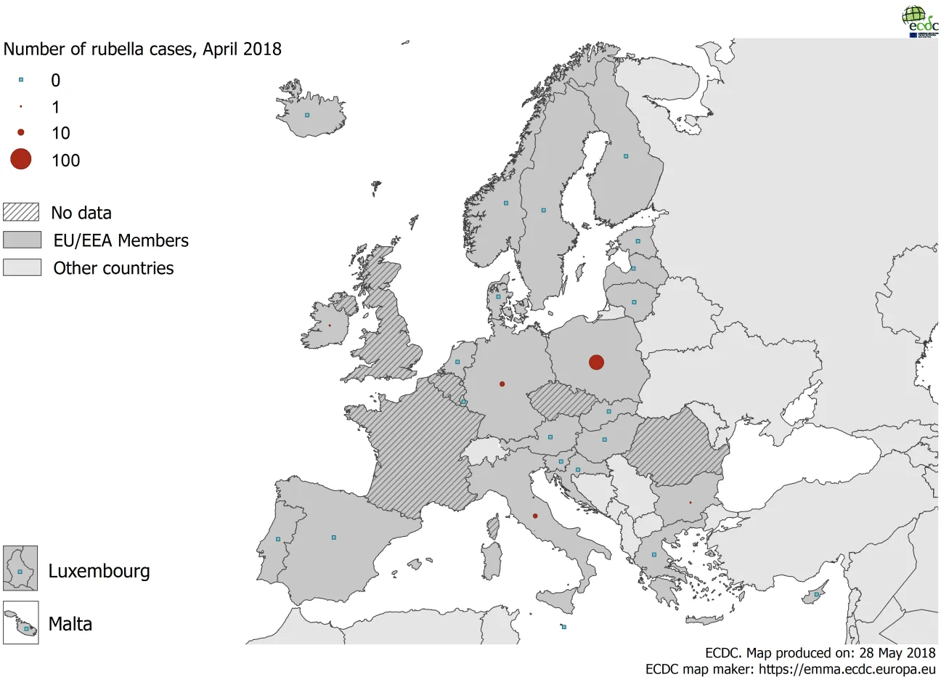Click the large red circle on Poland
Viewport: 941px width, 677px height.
point(596,362)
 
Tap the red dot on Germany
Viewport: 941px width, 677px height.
point(502,384)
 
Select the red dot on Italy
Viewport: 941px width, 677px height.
point(535,516)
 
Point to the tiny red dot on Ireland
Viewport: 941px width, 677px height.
point(329,325)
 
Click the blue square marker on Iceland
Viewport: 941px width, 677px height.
point(307,115)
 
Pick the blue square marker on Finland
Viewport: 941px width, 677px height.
point(626,155)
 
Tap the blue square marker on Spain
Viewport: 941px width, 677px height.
point(333,538)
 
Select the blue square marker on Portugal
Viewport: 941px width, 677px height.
point(278,539)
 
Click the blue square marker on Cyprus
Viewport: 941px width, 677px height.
point(817,594)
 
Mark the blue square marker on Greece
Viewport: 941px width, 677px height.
point(653,554)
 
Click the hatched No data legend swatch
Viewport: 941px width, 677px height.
point(21,212)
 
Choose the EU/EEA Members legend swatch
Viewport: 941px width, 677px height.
point(22,240)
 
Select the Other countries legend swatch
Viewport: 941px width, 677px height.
point(22,267)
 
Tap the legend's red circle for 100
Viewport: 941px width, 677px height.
point(21,159)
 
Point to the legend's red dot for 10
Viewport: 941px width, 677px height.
point(21,132)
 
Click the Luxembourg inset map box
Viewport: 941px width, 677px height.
point(20,568)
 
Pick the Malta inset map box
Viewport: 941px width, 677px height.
point(20,623)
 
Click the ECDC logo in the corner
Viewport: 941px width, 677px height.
point(919,20)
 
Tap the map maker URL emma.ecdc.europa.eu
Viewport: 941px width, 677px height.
point(847,669)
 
